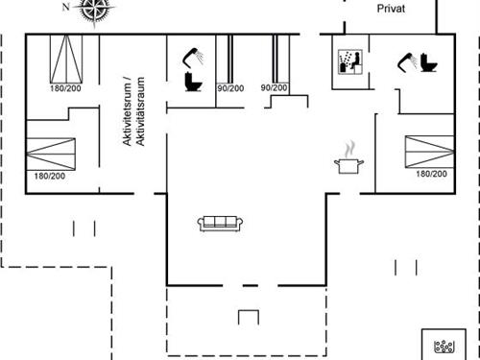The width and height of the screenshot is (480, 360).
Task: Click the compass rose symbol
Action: tap(94, 9)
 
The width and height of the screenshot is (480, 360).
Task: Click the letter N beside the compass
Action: tap(65, 8)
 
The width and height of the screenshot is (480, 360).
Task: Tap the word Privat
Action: tap(391, 8)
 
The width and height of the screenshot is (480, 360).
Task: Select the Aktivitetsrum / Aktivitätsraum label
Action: tap(131, 111)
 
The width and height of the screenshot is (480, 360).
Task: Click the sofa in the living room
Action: tap(223, 223)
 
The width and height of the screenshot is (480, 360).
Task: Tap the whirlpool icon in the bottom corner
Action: tap(444, 346)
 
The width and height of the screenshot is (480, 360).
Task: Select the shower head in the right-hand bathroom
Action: tap(406, 61)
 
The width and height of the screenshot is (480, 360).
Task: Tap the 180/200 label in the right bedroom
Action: tap(431, 174)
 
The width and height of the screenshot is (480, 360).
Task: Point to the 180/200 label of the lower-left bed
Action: tap(49, 176)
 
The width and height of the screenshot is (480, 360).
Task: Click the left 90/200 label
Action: tap(230, 88)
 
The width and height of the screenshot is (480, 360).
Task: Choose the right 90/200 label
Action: tap(274, 88)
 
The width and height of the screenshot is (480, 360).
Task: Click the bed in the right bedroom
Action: tap(428, 152)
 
